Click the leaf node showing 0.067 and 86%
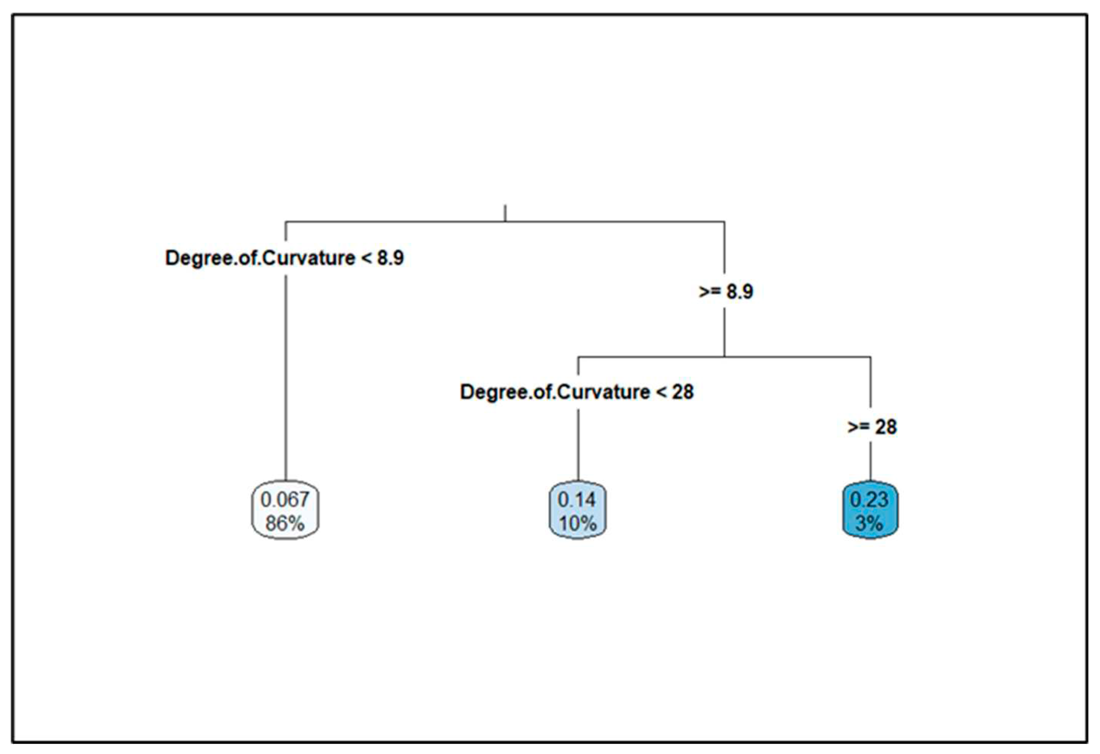click(285, 510)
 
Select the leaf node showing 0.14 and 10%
click(578, 510)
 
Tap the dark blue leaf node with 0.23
click(870, 510)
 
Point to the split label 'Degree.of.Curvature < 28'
click(576, 392)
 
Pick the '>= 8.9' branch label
click(726, 291)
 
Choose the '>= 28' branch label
click(872, 427)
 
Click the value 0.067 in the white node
click(285, 499)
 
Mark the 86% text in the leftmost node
click(285, 523)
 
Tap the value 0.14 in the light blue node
click(577, 499)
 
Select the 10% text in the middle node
click(578, 523)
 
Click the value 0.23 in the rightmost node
click(869, 499)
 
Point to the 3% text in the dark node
click(869, 523)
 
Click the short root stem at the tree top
click(505, 213)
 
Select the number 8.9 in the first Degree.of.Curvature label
click(391, 258)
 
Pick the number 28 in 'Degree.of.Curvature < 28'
click(682, 392)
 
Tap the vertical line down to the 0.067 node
click(285, 379)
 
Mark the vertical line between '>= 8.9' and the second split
click(724, 331)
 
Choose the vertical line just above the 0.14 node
click(578, 445)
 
